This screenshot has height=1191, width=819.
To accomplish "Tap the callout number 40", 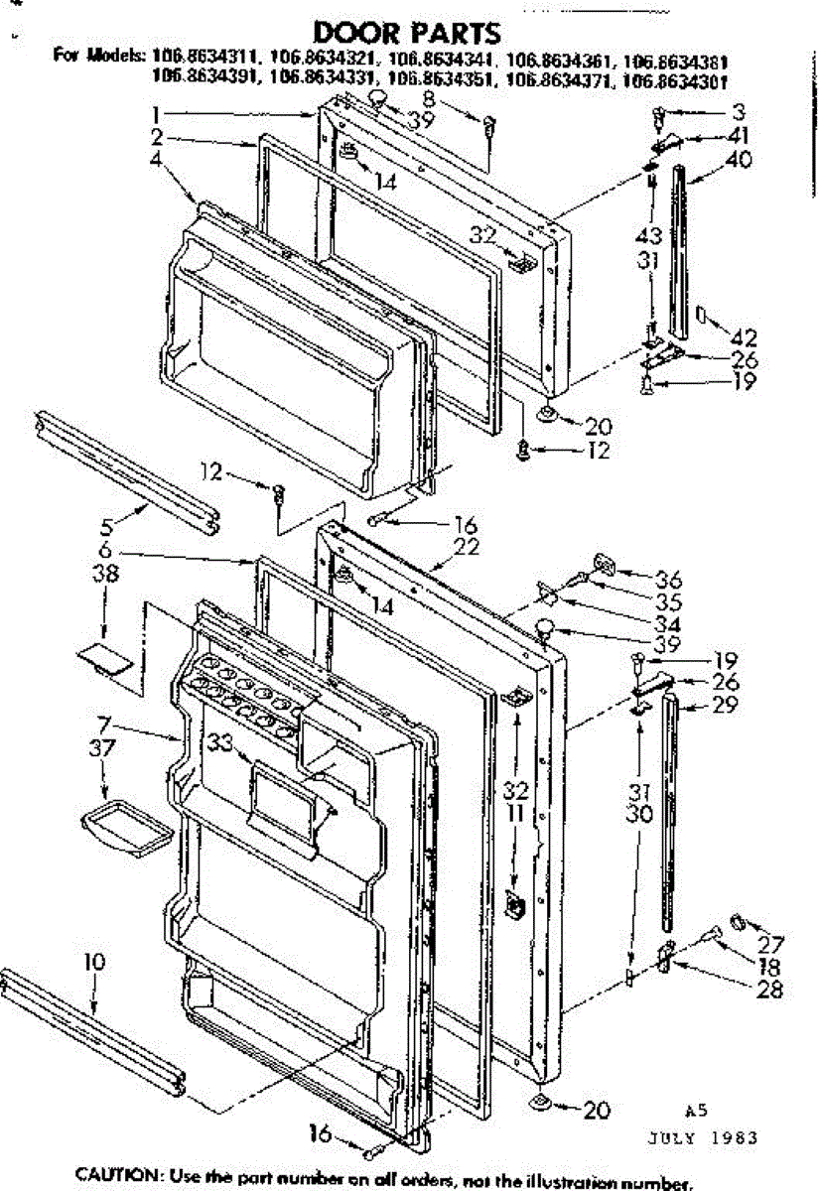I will [x=739, y=158].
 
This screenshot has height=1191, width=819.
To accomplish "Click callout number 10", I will [x=93, y=962].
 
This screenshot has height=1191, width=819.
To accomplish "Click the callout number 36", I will [x=640, y=580].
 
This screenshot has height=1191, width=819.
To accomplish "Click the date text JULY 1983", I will [x=714, y=1137].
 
